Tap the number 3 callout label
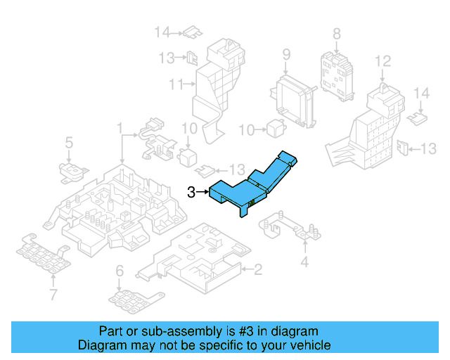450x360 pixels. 191,191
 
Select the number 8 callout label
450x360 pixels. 336,33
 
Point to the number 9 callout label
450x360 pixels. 286,54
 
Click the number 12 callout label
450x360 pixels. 382,62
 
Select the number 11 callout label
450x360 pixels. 176,85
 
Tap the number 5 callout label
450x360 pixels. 69,143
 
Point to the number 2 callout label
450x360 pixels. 258,269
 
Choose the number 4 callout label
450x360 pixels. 304,262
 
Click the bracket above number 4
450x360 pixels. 288,226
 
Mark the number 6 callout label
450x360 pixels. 120,271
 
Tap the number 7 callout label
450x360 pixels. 53,293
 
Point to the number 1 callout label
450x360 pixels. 120,129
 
